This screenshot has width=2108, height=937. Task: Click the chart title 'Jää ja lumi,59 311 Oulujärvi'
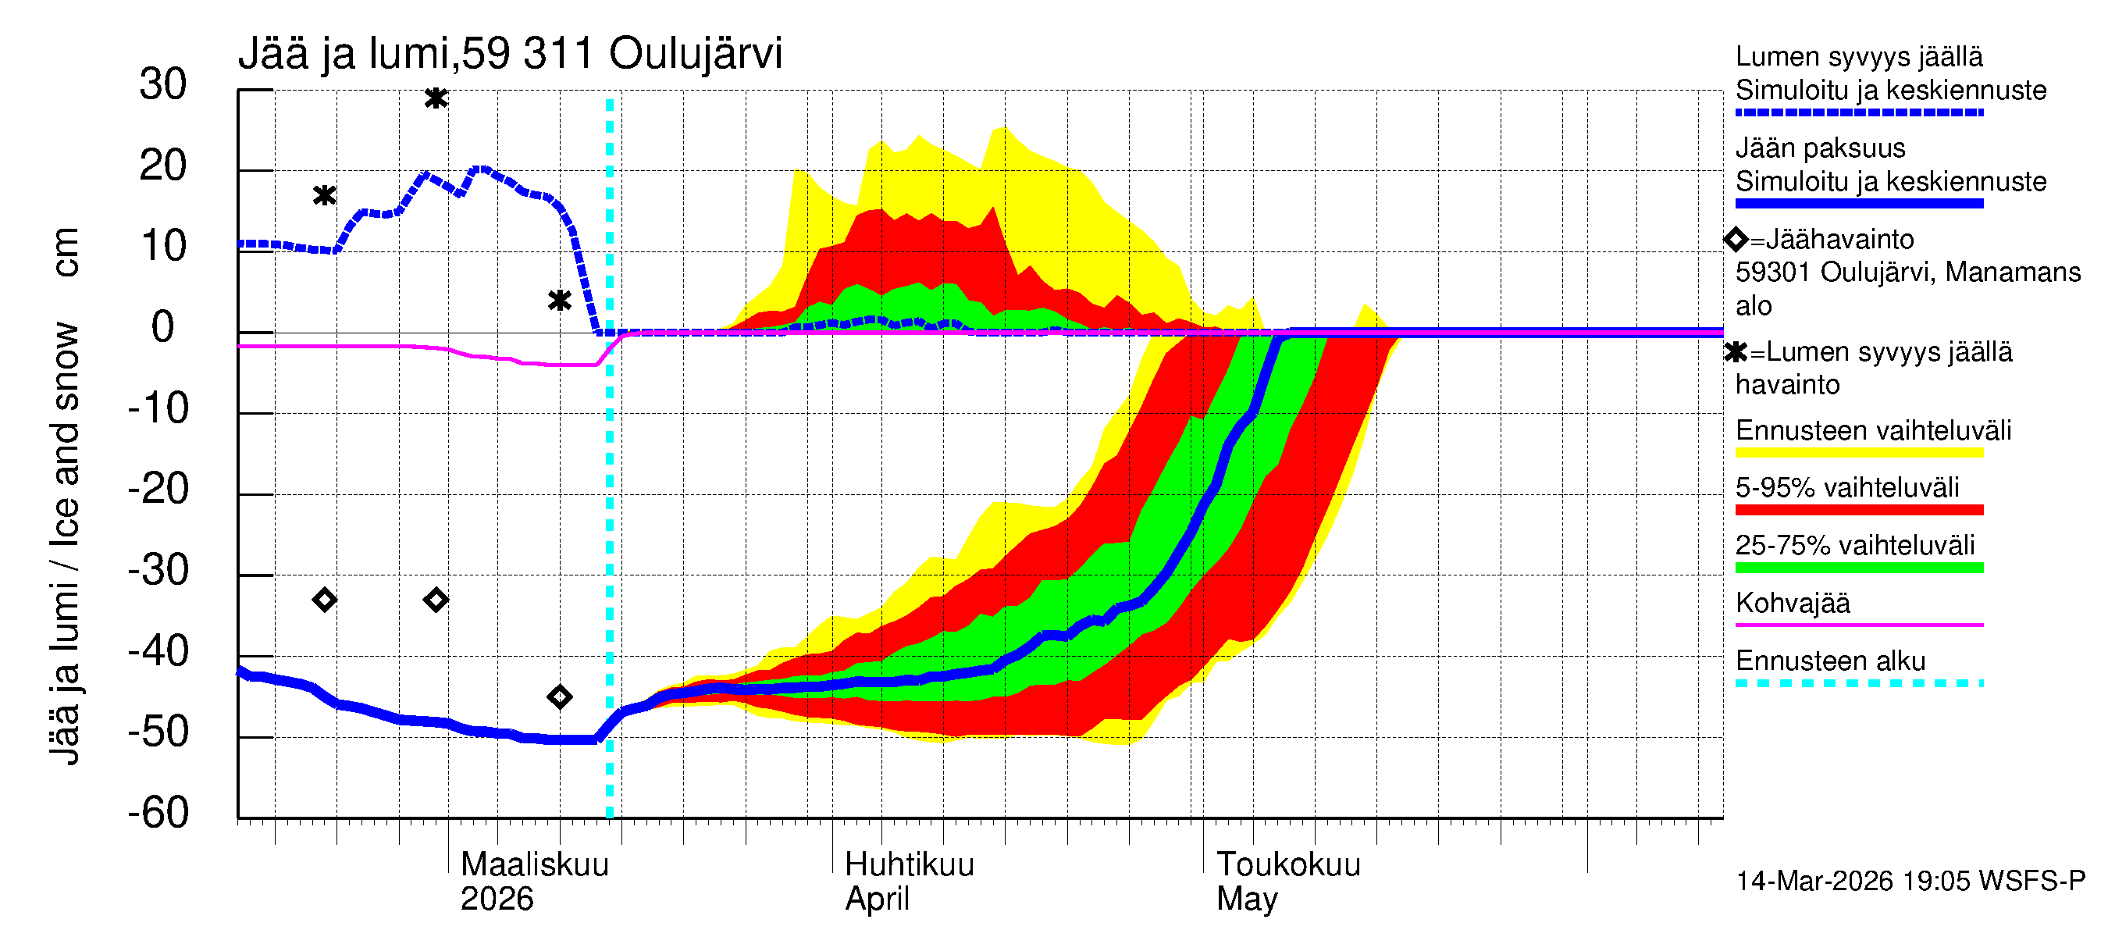click(510, 54)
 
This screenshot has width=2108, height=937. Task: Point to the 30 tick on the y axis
click(163, 85)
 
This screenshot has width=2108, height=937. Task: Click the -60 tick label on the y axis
click(158, 813)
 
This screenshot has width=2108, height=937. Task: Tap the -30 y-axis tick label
click(158, 570)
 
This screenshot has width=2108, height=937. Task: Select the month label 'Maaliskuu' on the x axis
click(534, 864)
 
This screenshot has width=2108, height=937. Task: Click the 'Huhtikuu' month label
click(909, 864)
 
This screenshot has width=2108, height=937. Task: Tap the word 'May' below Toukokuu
click(1246, 899)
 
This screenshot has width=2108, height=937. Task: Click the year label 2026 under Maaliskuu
click(497, 899)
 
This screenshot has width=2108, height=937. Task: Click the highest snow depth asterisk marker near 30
click(436, 99)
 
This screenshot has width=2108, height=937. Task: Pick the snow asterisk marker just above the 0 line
click(560, 301)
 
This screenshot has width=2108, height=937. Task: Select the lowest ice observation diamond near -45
click(560, 697)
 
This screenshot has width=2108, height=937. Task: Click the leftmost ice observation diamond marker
click(325, 600)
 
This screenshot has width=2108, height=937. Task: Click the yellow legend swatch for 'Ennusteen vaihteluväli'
click(1858, 453)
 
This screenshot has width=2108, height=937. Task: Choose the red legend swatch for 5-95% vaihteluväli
click(1858, 510)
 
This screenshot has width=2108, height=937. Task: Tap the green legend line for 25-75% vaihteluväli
click(1858, 568)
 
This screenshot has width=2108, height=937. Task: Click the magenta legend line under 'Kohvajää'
click(1858, 625)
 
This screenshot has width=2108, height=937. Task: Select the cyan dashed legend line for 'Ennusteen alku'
click(1858, 682)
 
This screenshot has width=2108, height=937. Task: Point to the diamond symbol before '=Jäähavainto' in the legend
click(1736, 240)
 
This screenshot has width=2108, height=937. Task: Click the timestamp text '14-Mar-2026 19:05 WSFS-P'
click(1910, 882)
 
